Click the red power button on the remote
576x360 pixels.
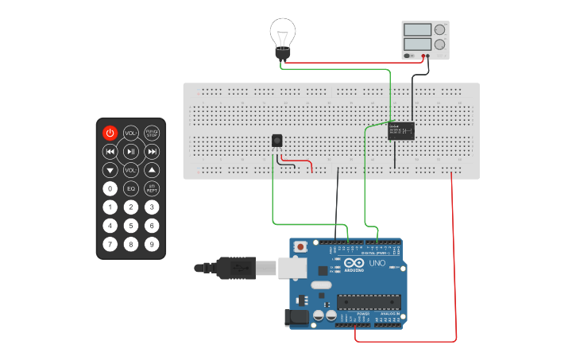[x=110, y=133]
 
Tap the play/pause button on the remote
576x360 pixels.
[x=131, y=151]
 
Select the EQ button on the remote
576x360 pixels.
[x=131, y=188]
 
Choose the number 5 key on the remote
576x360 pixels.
[x=131, y=226]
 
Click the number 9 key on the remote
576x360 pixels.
[x=152, y=244]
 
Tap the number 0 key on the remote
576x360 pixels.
[x=110, y=188]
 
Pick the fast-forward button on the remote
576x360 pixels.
[x=152, y=151]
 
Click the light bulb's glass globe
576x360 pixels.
[x=282, y=33]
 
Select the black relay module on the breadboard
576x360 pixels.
[x=401, y=131]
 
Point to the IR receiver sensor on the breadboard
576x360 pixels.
[x=276, y=141]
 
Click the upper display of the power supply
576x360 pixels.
[x=417, y=29]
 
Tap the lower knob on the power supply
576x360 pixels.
[x=439, y=45]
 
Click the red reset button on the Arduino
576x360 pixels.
[x=300, y=247]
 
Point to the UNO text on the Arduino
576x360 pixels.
[x=377, y=263]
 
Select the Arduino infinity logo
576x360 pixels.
[x=354, y=263]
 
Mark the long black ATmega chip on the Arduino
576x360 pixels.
[x=369, y=301]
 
